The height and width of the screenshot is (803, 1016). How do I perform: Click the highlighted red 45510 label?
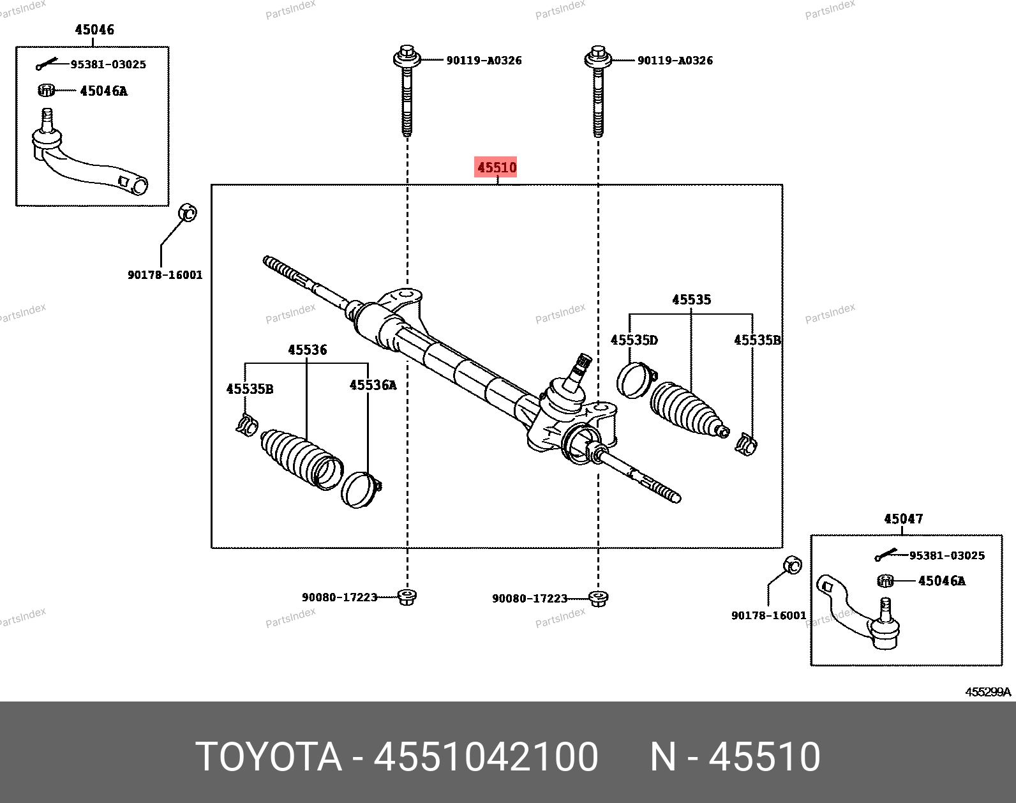[497, 167]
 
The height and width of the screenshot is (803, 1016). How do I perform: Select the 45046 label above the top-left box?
[94, 29]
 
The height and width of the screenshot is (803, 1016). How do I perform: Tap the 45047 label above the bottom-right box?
[903, 518]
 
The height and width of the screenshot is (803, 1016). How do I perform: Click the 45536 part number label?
[307, 350]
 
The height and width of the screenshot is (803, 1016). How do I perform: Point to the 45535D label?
[634, 340]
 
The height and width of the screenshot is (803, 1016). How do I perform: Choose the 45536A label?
[373, 385]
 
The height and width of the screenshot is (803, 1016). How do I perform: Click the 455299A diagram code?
[988, 692]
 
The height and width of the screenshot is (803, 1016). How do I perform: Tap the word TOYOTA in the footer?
[269, 757]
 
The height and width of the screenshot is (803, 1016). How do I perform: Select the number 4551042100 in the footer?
[486, 757]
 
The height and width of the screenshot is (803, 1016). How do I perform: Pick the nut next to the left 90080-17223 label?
[407, 597]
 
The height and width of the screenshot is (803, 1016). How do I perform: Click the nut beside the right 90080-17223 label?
[598, 598]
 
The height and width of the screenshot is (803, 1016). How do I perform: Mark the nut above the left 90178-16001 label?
[187, 212]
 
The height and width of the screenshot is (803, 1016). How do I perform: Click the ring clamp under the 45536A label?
[361, 490]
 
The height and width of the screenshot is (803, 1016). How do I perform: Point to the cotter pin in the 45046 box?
[47, 64]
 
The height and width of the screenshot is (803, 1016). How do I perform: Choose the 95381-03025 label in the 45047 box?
[946, 555]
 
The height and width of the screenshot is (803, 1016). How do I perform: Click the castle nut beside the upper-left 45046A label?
[46, 90]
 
